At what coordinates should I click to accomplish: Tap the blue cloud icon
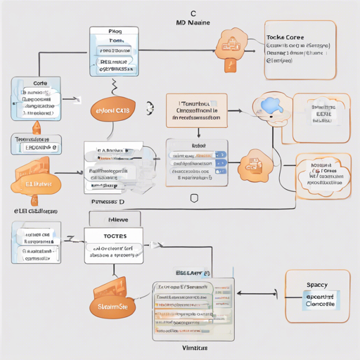click(270, 105)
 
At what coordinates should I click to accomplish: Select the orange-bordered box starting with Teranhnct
click(196, 110)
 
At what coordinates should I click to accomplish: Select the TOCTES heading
click(113, 237)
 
